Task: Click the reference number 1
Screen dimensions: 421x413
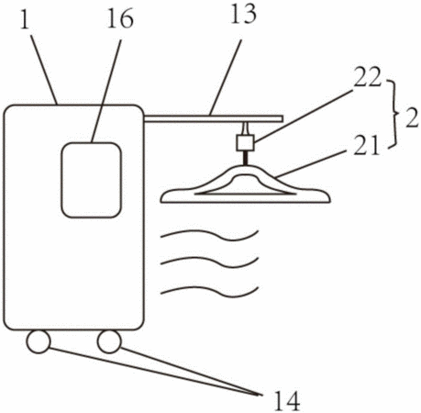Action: tap(26, 19)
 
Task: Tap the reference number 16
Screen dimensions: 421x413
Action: tap(120, 19)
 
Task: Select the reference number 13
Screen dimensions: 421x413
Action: tap(243, 14)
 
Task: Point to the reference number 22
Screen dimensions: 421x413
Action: tap(368, 76)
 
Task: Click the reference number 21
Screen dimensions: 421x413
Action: tap(366, 145)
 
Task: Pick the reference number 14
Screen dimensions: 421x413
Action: tap(286, 401)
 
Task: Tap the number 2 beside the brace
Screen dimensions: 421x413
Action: tap(412, 118)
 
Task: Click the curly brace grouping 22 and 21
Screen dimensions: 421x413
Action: tap(394, 114)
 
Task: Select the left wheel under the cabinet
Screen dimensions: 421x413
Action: tap(39, 342)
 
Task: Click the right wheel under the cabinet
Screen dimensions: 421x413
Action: tap(109, 341)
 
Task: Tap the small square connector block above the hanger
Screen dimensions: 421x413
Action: tap(245, 142)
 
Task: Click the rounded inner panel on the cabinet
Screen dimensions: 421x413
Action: tap(92, 180)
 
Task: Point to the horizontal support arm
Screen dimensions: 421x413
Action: tap(214, 118)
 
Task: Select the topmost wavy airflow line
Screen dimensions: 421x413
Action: tap(210, 235)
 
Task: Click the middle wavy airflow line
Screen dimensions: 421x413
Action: tap(210, 262)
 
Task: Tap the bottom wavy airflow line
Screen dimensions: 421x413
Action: tap(210, 292)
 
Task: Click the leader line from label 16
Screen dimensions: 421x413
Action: tap(105, 91)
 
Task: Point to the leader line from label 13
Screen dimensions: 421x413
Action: tap(225, 77)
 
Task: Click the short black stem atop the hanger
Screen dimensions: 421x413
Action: tap(245, 158)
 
